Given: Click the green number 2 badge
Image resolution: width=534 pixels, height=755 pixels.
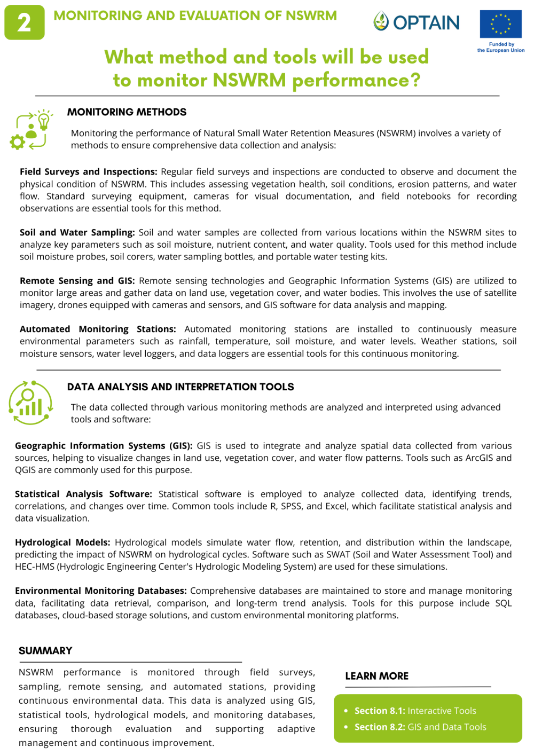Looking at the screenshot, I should click(24, 22).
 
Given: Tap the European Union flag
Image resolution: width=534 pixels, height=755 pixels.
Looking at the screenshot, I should click(500, 24).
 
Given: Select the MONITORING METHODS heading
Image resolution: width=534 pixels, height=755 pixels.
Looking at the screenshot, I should click(127, 112).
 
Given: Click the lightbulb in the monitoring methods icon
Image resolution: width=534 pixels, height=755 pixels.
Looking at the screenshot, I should click(44, 121).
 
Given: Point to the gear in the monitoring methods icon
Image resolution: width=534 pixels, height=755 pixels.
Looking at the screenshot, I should click(18, 141).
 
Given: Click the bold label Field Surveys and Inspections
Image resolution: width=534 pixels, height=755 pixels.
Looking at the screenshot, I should click(88, 172).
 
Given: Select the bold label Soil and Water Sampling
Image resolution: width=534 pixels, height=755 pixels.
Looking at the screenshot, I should click(77, 233).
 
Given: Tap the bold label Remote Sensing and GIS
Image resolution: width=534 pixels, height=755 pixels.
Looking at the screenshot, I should click(77, 281).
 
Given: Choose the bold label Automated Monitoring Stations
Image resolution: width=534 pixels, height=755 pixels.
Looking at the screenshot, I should click(98, 329).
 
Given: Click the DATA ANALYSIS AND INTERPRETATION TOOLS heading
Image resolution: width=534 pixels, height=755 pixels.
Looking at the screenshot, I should click(180, 387).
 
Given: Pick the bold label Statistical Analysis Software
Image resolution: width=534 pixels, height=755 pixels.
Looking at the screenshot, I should click(83, 494).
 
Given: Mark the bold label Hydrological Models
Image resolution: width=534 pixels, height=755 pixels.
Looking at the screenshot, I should click(62, 542).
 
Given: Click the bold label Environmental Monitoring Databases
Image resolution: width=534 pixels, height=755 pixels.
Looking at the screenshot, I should click(100, 591).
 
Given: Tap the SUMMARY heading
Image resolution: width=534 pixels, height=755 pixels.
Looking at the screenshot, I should click(45, 651).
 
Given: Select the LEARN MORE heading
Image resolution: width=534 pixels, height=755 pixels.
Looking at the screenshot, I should click(376, 676).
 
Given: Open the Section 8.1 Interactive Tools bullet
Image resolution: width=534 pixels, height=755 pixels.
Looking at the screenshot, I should click(415, 711).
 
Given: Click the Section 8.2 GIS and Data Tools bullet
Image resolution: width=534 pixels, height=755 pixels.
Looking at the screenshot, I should click(420, 727).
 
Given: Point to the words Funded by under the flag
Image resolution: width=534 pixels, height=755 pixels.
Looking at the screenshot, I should click(501, 44).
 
